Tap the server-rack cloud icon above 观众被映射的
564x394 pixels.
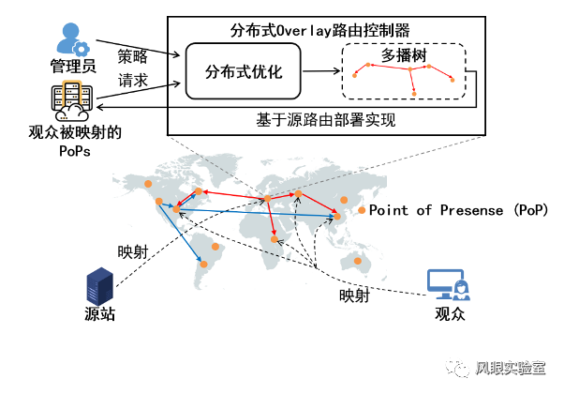click(71, 100)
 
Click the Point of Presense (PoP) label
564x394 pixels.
click(458, 210)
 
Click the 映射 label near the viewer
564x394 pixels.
click(354, 296)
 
